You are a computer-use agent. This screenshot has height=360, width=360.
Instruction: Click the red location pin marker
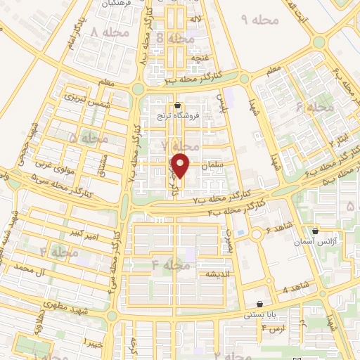(181, 166)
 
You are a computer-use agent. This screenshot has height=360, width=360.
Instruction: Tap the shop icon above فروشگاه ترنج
(186, 105)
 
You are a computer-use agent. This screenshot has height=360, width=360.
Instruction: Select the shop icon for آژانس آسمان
(316, 231)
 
